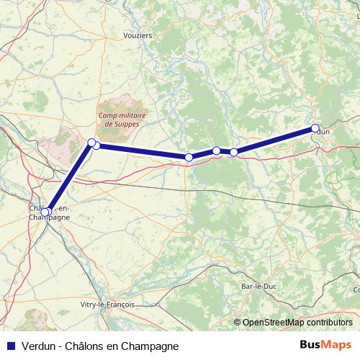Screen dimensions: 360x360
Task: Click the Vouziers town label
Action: pos(138,35)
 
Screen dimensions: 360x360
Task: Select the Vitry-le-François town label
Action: pos(107,305)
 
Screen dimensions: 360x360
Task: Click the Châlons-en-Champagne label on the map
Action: pos(50,212)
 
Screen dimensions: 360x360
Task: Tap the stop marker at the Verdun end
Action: pos(315,128)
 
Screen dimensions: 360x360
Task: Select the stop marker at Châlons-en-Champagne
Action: pos(45,212)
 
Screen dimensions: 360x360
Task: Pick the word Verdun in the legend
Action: pos(37,346)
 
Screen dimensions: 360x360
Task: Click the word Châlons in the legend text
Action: pos(87,346)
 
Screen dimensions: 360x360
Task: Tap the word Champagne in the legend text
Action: pos(150,346)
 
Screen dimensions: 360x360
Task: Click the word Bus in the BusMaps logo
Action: pos(310,346)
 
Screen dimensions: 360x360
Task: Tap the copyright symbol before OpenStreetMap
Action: pos(237,323)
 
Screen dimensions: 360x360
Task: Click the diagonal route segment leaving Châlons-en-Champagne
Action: pos(68,177)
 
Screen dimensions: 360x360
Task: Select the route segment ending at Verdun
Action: pos(274,140)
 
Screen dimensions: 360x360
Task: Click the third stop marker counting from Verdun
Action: pos(216,150)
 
